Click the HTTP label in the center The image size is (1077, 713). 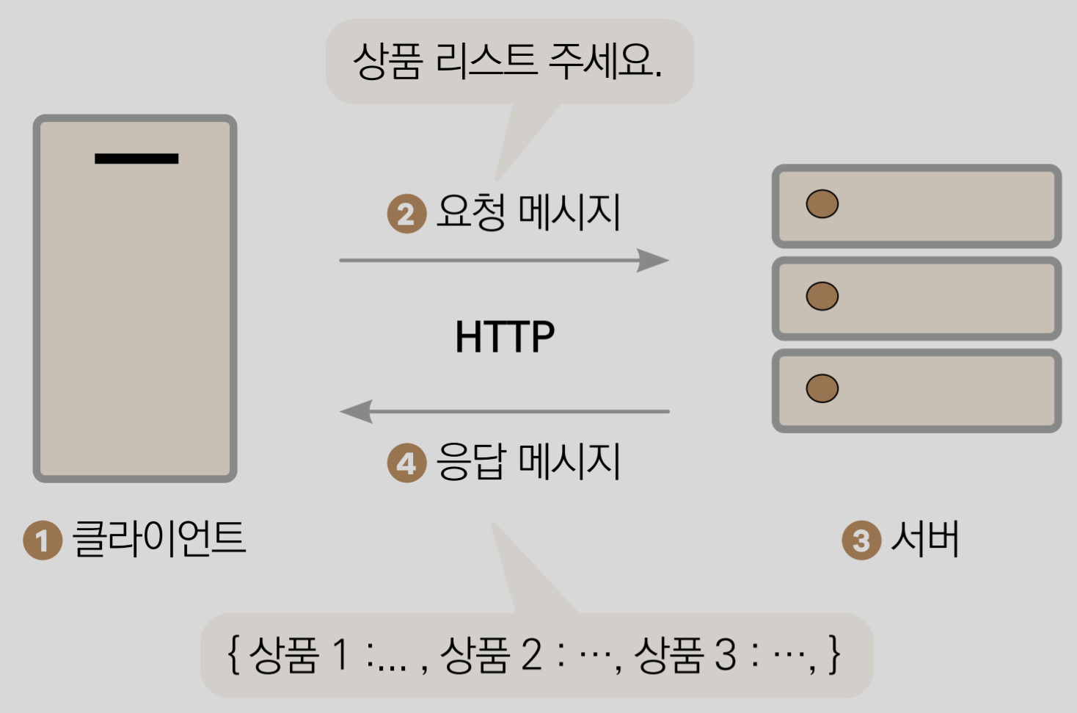[x=505, y=337]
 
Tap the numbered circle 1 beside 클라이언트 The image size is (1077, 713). [x=43, y=540]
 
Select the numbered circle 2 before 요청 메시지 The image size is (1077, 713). [x=406, y=214]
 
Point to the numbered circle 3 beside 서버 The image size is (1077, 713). [x=861, y=540]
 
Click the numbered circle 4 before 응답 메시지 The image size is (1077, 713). [x=406, y=463]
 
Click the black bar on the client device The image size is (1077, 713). [x=136, y=159]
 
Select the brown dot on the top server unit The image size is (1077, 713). [x=822, y=204]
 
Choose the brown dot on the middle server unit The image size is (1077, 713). [x=822, y=296]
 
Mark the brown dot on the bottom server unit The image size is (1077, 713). [x=822, y=388]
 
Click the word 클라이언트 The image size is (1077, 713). [x=159, y=538]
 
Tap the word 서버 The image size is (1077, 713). [x=925, y=538]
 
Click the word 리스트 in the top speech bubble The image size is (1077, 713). [x=486, y=60]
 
